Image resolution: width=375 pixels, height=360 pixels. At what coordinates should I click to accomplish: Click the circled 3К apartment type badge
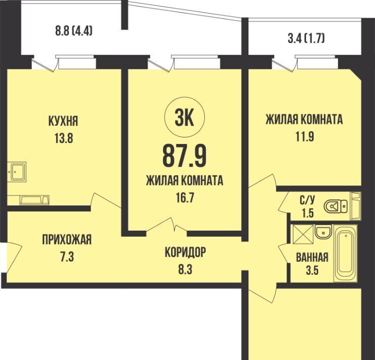click(x=184, y=117)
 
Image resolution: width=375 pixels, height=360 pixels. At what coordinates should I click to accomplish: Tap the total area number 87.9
click(x=184, y=156)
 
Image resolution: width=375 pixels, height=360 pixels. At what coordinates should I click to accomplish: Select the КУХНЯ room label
click(x=63, y=121)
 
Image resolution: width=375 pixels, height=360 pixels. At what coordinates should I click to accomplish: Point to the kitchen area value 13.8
click(x=64, y=138)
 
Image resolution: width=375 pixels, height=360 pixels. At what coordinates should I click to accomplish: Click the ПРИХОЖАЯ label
click(x=67, y=240)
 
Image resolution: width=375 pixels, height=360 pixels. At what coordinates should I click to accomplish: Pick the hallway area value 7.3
click(x=67, y=257)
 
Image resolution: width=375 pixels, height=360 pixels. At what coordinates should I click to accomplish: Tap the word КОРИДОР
click(x=185, y=252)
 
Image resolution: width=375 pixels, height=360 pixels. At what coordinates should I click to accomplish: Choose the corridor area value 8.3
click(x=185, y=269)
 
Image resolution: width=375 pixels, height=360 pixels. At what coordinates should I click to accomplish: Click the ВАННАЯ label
click(x=312, y=258)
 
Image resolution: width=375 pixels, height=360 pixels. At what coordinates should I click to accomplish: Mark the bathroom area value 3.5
click(x=312, y=271)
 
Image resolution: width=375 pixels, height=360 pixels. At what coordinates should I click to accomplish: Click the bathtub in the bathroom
click(x=345, y=253)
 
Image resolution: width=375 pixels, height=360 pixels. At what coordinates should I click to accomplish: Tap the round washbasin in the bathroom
click(x=323, y=232)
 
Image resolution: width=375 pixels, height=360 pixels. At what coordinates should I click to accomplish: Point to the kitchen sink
click(x=17, y=171)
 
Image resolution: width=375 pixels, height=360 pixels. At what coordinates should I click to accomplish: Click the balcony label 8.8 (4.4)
click(x=73, y=31)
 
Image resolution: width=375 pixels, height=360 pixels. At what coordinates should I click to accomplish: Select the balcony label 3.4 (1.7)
click(x=306, y=39)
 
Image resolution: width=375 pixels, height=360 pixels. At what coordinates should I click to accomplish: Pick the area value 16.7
click(x=184, y=198)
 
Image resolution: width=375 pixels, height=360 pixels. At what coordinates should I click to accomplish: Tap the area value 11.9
click(x=304, y=137)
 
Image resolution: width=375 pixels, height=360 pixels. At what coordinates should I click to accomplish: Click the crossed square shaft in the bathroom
click(x=303, y=234)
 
